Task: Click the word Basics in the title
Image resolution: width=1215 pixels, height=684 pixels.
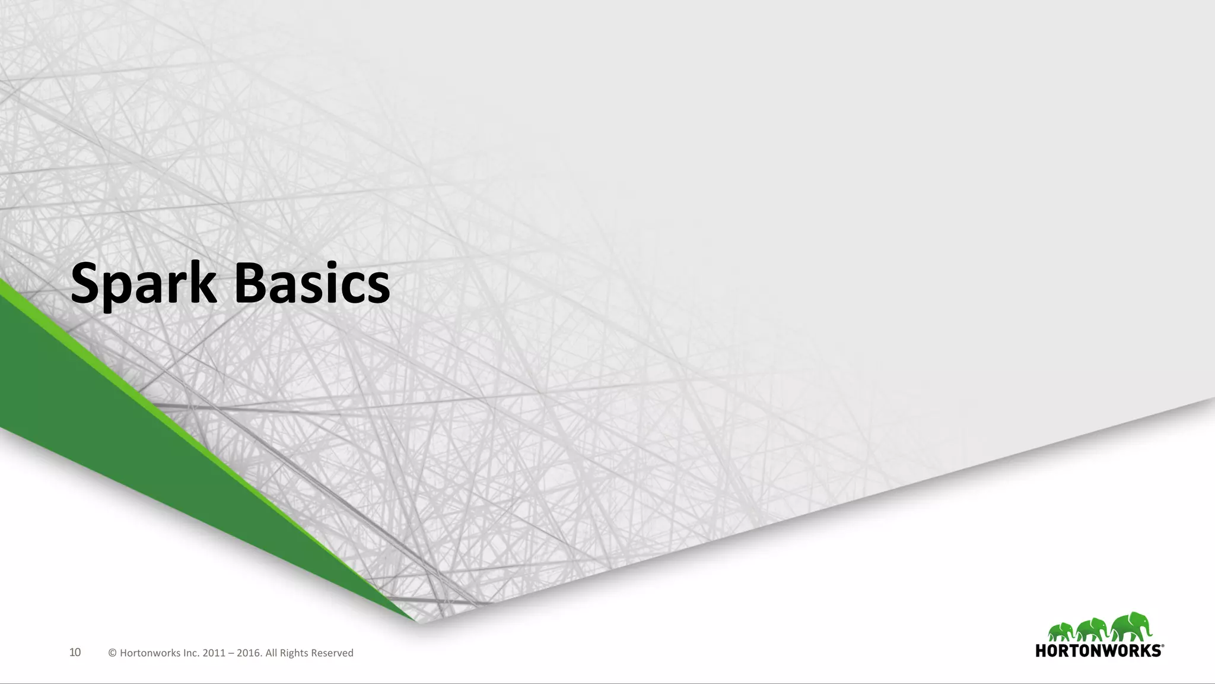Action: click(x=312, y=284)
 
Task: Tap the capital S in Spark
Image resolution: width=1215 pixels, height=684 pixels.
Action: click(x=85, y=284)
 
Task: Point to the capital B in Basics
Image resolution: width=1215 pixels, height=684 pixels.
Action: click(x=252, y=284)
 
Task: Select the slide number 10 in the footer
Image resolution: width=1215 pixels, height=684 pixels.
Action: click(x=75, y=653)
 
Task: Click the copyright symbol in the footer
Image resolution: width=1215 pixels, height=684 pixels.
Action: click(x=112, y=653)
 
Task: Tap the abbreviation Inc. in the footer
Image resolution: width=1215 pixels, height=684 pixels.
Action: click(x=191, y=653)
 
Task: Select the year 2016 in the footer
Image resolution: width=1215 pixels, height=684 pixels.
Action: click(x=249, y=653)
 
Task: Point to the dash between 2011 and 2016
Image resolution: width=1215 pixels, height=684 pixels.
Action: click(x=231, y=654)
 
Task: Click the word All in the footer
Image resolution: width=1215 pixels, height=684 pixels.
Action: click(x=271, y=653)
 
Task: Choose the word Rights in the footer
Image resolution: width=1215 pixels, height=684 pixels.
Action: click(x=294, y=653)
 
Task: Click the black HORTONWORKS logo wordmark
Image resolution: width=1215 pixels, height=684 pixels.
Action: click(x=1098, y=651)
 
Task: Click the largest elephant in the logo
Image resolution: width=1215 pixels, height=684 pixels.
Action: click(x=1130, y=627)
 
